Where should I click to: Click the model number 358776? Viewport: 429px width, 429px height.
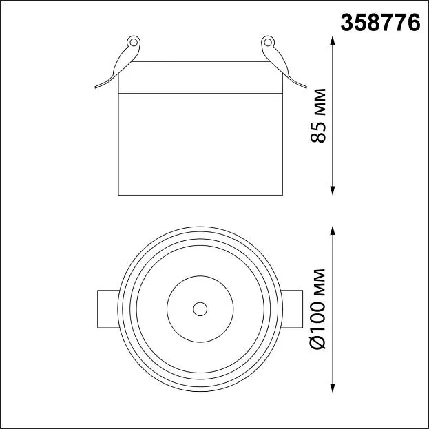[x=380, y=23]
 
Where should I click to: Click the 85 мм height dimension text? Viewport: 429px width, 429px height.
[x=318, y=116]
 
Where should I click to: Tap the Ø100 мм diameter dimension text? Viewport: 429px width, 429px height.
[x=318, y=309]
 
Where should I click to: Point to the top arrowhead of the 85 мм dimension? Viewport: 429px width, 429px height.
[x=333, y=41]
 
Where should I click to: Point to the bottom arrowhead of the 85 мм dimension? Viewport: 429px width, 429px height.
[x=333, y=191]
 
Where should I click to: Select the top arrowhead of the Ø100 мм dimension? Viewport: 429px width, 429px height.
[x=333, y=231]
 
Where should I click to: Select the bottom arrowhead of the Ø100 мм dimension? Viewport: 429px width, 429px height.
[x=333, y=388]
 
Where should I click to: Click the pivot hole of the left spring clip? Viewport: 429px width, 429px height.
[x=134, y=43]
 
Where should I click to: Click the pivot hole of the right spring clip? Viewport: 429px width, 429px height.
[x=268, y=43]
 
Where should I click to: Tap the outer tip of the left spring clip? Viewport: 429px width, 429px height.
[x=96, y=87]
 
